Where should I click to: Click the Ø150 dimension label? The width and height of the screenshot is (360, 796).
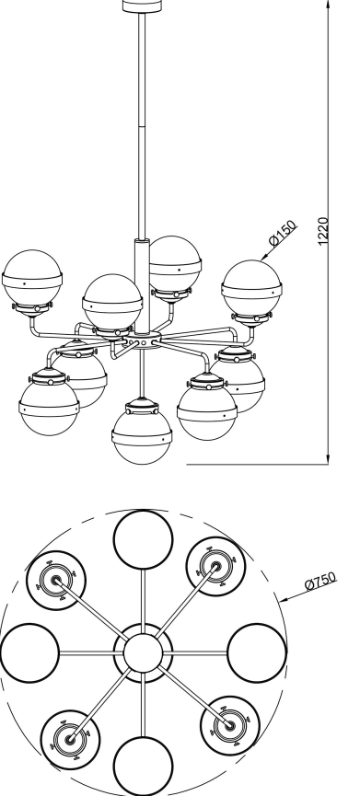coord(283,234)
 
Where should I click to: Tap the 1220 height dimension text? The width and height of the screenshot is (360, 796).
coord(323,232)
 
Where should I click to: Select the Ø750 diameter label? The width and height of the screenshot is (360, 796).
coord(320,581)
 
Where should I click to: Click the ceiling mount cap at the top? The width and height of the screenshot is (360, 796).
coord(143,6)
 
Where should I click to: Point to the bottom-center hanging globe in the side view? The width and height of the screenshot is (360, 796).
coord(142,431)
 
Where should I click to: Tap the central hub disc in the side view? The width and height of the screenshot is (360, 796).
coord(144,340)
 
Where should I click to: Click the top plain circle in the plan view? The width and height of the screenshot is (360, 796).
coord(144,539)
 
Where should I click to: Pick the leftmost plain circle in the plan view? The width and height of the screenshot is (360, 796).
coord(29,652)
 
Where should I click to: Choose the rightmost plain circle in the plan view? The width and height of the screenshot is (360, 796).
coord(257,652)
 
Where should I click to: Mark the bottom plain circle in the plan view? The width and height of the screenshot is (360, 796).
coord(144,766)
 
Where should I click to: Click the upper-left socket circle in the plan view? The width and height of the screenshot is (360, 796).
coord(56,581)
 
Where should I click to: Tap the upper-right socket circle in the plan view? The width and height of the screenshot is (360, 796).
coord(215,566)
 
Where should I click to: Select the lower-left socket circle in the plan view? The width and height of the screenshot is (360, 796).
coord(70,740)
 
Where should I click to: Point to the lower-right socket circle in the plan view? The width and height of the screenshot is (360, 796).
coord(230,725)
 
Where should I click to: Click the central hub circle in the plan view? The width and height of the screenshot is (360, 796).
coord(144,652)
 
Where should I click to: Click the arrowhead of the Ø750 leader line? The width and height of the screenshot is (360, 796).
coord(284,600)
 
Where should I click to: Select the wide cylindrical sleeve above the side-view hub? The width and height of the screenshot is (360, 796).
coord(142,286)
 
